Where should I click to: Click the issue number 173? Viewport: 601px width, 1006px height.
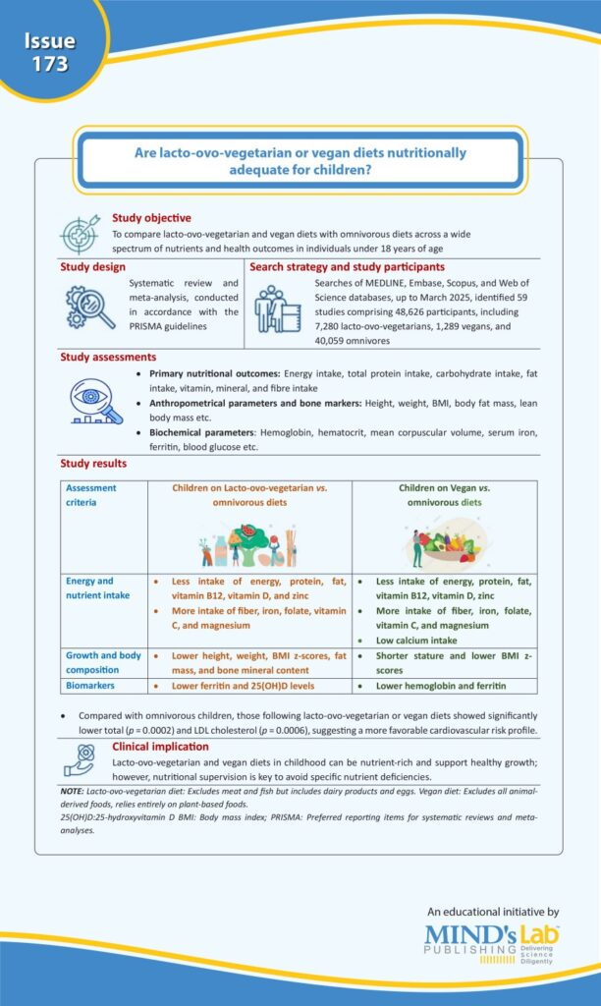point(49,65)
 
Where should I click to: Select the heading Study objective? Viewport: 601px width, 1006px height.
point(151,218)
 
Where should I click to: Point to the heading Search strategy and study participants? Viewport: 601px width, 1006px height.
point(348,266)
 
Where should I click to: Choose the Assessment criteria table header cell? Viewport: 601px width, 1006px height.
point(90,495)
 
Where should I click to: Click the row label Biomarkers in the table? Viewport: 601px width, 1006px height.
point(93,686)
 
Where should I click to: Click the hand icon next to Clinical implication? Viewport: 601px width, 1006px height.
point(81,758)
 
